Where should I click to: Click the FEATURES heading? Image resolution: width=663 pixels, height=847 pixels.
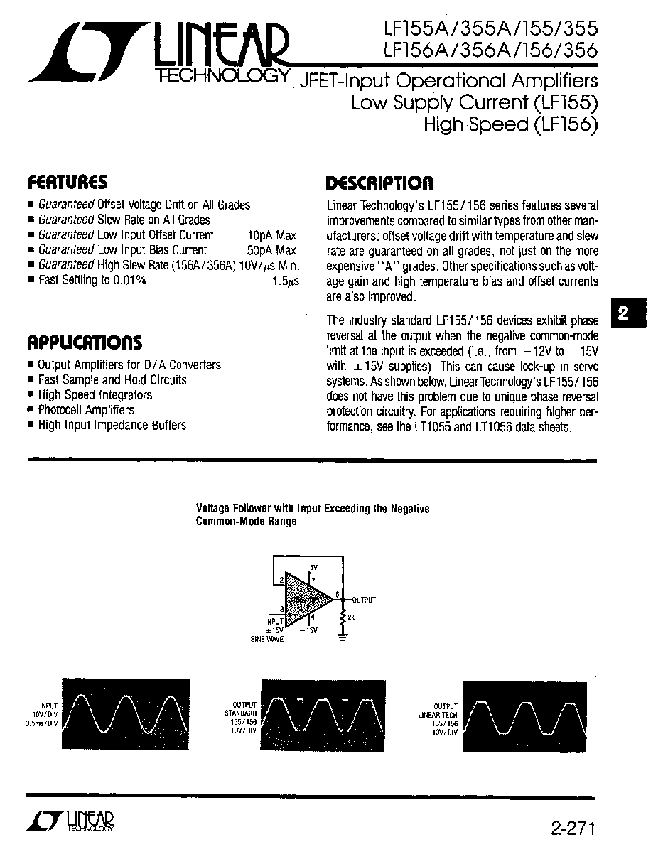68,183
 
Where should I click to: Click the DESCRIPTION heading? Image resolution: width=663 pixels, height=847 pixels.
379,184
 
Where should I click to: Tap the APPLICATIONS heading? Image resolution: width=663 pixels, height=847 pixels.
85,342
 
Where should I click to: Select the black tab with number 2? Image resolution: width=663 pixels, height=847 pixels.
624,313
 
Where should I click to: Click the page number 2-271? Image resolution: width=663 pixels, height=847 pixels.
571,829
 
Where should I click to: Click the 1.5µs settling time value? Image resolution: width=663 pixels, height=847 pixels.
286,281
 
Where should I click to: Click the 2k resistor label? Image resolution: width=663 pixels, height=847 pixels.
351,618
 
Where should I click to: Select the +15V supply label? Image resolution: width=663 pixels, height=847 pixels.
308,568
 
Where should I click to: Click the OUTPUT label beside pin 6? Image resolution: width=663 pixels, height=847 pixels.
363,600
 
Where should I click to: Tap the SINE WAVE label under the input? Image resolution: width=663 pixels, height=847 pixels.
266,639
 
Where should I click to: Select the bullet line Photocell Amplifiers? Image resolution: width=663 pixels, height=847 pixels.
85,410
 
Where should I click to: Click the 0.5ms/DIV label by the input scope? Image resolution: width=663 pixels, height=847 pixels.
43,723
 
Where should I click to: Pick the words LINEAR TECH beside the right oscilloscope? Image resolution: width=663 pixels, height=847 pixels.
438,715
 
